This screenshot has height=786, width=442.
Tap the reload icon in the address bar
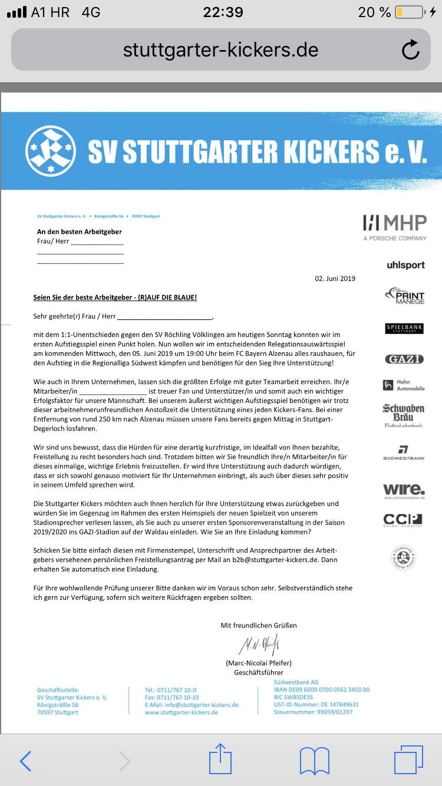(410, 50)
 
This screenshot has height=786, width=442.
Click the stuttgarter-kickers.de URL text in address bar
(220, 50)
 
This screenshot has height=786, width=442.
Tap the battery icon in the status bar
(408, 12)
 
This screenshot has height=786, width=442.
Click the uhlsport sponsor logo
(405, 265)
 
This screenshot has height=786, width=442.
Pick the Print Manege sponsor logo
(405, 296)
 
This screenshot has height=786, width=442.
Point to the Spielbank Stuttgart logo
(404, 328)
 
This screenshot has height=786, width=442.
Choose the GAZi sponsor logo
(404, 359)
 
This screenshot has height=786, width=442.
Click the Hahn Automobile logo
(404, 385)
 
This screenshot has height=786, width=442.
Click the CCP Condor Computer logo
(403, 520)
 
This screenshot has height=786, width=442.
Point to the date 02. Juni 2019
(335, 279)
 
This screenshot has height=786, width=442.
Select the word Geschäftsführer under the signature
(259, 672)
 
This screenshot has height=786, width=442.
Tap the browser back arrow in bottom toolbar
(25, 761)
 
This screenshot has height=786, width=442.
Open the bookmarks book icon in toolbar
(314, 761)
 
